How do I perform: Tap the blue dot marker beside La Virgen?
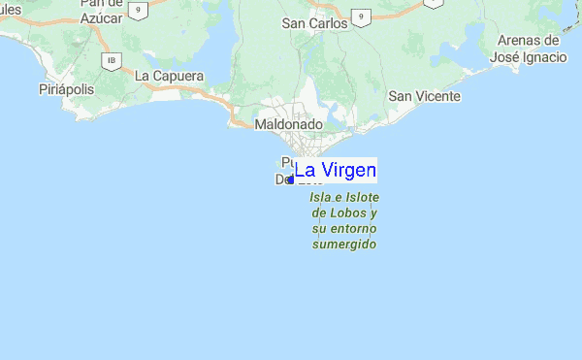(290, 180)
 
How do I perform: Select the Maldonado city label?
(287, 124)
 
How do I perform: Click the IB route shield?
(113, 60)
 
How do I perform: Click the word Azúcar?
(101, 17)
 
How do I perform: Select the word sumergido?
(343, 244)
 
